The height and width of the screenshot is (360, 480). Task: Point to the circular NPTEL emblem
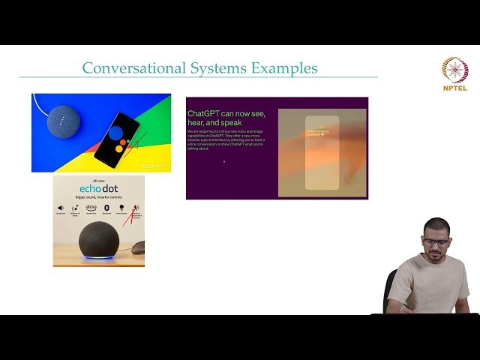(455, 70)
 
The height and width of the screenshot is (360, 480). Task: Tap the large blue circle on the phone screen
(116, 133)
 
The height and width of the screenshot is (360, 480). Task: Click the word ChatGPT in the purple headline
(205, 114)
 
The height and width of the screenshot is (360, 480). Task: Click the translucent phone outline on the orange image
(322, 153)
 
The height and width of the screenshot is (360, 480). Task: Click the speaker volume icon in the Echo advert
(61, 207)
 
